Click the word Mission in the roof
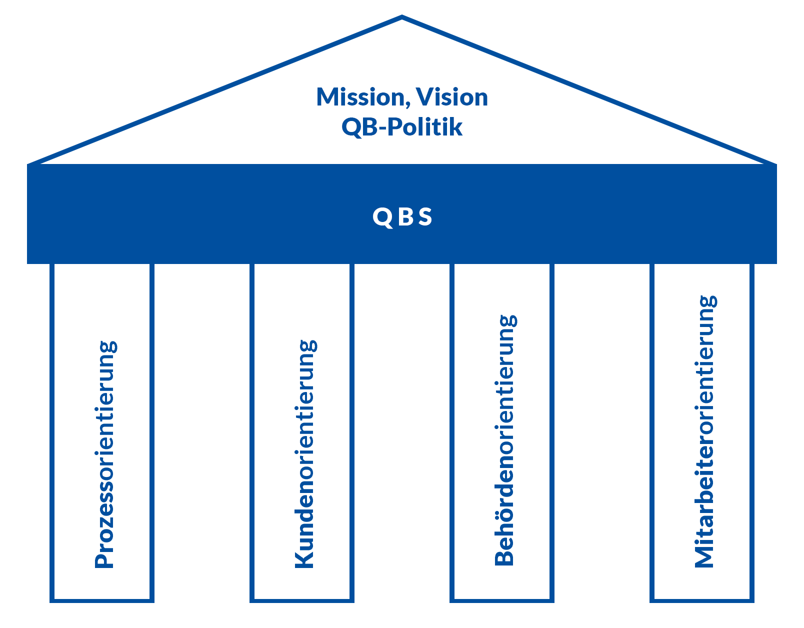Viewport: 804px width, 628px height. click(360, 97)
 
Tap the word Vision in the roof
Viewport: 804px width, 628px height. click(452, 97)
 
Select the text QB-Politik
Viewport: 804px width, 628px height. click(402, 127)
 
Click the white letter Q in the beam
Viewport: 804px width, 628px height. click(382, 217)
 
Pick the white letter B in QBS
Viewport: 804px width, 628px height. click(406, 216)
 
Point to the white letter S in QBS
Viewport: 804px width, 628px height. click(425, 216)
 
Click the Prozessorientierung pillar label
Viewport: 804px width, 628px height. click(105, 454)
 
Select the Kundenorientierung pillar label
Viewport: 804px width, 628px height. click(305, 454)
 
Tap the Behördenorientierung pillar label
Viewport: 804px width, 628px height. click(504, 440)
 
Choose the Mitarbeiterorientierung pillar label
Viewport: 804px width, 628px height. click(705, 431)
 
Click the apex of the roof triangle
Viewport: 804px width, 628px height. click(402, 16)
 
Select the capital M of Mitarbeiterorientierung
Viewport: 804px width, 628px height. click(703, 556)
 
